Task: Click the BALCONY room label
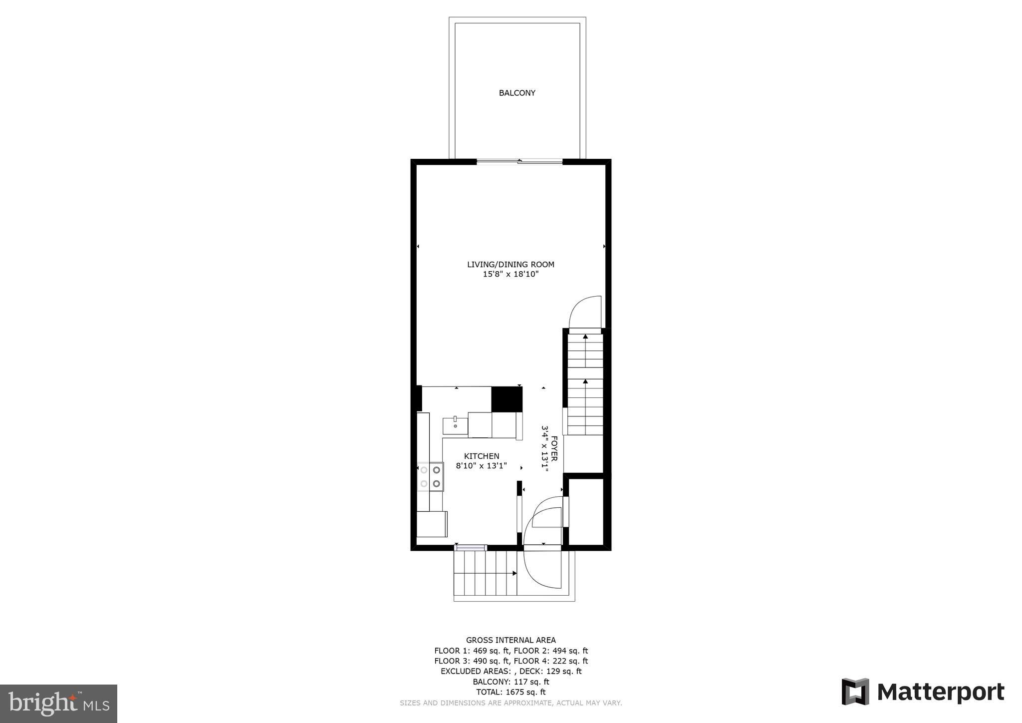(x=517, y=93)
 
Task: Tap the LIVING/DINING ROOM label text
(x=511, y=265)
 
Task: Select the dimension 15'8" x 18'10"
(x=511, y=274)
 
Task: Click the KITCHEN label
(x=482, y=456)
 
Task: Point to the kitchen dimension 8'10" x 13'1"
(x=482, y=466)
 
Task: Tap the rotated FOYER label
(x=554, y=448)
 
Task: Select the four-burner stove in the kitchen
(x=430, y=477)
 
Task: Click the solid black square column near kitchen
(x=507, y=399)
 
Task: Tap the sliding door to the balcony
(x=519, y=161)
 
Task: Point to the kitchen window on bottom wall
(x=471, y=548)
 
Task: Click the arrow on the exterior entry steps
(x=514, y=573)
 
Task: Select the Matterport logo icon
(x=855, y=692)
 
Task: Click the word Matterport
(x=941, y=692)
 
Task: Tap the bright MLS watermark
(x=59, y=704)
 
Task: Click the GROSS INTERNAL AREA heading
(x=511, y=640)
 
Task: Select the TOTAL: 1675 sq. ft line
(x=511, y=692)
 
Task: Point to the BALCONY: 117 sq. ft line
(x=511, y=682)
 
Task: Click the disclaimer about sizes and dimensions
(x=511, y=703)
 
